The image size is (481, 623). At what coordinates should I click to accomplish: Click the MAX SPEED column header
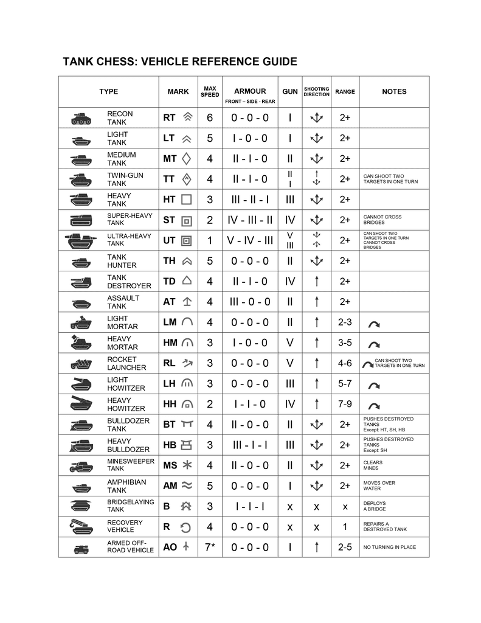click(x=210, y=91)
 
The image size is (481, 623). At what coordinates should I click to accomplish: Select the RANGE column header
click(x=345, y=92)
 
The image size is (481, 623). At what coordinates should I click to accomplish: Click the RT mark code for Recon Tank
click(x=169, y=118)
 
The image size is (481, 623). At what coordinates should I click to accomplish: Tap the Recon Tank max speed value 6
click(x=210, y=118)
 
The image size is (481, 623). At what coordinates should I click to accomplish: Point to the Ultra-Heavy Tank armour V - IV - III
click(x=250, y=240)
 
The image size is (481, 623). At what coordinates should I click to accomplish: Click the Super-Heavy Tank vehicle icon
click(x=81, y=220)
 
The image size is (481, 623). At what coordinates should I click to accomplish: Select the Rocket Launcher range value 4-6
click(x=345, y=363)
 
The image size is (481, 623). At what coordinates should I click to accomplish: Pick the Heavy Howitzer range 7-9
click(x=345, y=404)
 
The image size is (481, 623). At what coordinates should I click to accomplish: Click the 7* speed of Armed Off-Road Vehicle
click(x=210, y=547)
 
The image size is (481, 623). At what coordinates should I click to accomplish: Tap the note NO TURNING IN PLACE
click(x=389, y=547)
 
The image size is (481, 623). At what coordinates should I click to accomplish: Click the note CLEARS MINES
click(x=373, y=465)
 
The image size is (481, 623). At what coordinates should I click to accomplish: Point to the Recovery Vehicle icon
click(x=81, y=526)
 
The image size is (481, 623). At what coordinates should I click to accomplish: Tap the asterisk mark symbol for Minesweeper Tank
click(x=187, y=465)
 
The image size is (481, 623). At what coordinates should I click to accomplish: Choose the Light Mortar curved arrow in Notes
click(x=374, y=324)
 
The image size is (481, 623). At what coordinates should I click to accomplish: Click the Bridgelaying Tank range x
click(x=345, y=506)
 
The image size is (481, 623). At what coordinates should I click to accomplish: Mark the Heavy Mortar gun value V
click(x=290, y=343)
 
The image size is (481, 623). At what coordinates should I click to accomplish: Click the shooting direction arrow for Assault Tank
click(x=316, y=302)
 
